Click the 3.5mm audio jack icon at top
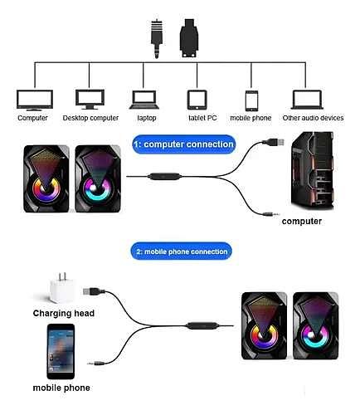(157, 39)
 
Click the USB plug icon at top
(189, 38)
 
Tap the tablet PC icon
(197, 100)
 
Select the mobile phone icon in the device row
(251, 100)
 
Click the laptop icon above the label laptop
(144, 100)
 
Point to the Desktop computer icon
(90, 100)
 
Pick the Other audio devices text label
(313, 118)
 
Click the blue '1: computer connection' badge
(184, 144)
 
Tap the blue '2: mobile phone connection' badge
(182, 251)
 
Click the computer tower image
(313, 170)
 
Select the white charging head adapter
(61, 288)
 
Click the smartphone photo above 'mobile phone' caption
(61, 351)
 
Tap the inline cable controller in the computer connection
(164, 176)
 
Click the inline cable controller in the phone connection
(202, 325)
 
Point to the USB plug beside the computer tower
(274, 142)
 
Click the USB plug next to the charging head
(94, 291)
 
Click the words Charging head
(64, 313)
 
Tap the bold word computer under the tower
(302, 222)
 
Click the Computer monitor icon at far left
(35, 100)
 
